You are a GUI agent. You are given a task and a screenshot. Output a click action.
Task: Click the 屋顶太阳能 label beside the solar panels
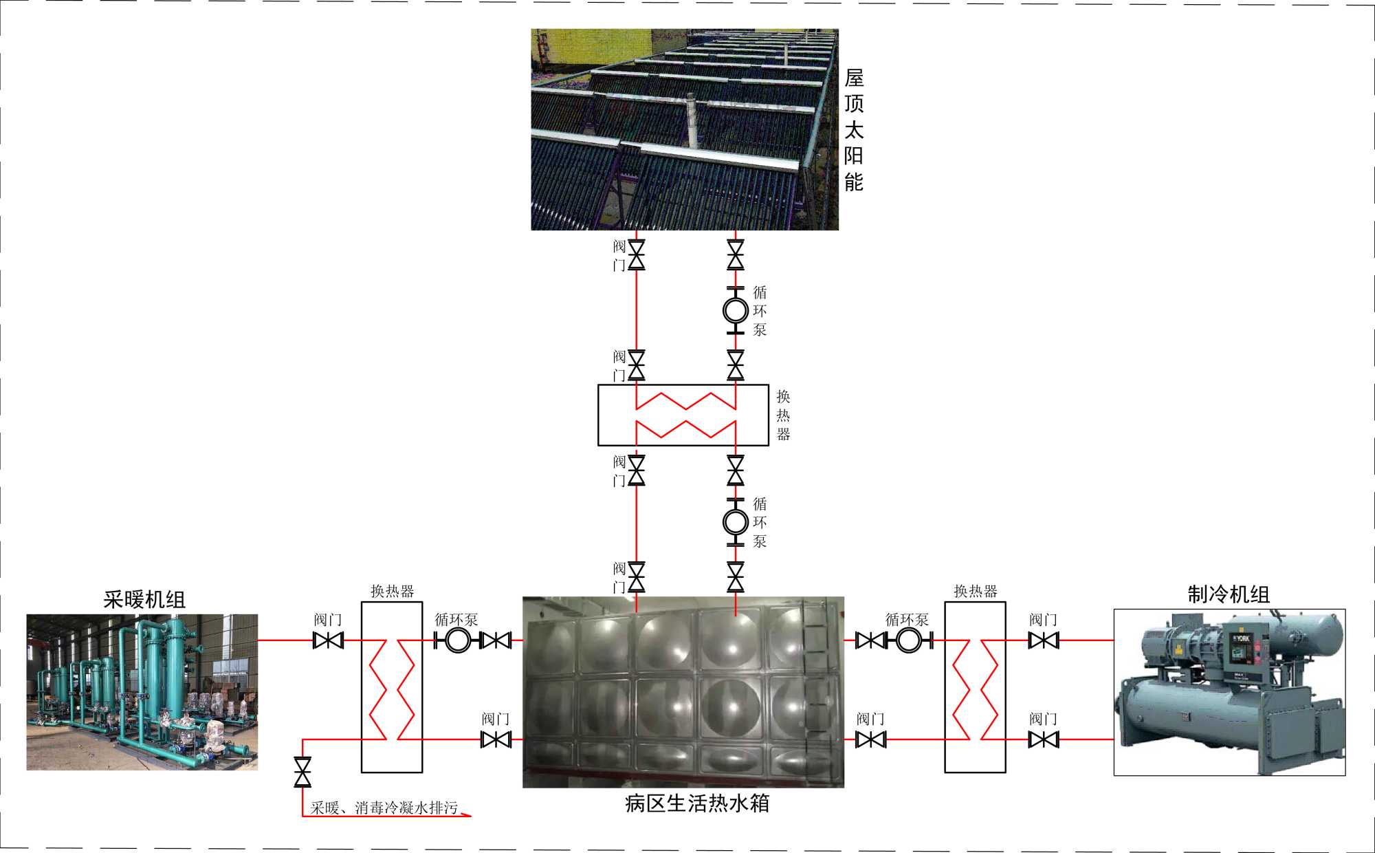click(x=854, y=129)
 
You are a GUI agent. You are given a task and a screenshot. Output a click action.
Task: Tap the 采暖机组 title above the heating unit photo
click(x=144, y=600)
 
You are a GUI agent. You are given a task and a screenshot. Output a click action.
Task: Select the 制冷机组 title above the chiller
click(x=1229, y=594)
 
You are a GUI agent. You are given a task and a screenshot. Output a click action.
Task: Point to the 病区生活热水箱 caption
click(x=697, y=803)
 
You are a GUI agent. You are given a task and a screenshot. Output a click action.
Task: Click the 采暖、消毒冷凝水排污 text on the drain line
click(x=384, y=808)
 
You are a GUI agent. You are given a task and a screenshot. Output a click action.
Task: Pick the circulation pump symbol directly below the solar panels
click(x=736, y=310)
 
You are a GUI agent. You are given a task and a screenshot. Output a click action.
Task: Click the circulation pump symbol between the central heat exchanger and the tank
click(x=736, y=522)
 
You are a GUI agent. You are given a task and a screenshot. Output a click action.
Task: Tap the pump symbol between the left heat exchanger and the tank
click(x=458, y=640)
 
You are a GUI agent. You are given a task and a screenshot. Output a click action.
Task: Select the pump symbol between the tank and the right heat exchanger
click(x=908, y=640)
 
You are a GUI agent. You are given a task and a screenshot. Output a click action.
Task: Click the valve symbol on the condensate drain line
click(x=302, y=772)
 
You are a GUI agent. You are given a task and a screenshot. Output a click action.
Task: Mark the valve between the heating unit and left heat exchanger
click(x=328, y=640)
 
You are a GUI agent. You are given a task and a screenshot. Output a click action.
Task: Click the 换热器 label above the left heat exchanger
click(x=392, y=592)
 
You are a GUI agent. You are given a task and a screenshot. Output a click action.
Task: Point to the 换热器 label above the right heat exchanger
click(x=975, y=592)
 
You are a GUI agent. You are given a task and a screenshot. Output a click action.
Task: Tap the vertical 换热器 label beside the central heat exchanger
click(x=783, y=415)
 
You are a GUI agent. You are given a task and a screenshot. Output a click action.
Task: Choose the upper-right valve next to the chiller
click(x=1044, y=640)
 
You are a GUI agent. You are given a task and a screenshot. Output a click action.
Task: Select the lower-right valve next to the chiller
click(x=1044, y=739)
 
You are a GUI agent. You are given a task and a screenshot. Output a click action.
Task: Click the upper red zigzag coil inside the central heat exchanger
click(x=685, y=400)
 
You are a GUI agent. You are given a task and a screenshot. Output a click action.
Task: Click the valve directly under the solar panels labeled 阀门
click(x=637, y=255)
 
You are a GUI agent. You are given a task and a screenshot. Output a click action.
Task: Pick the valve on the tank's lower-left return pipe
click(x=496, y=739)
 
